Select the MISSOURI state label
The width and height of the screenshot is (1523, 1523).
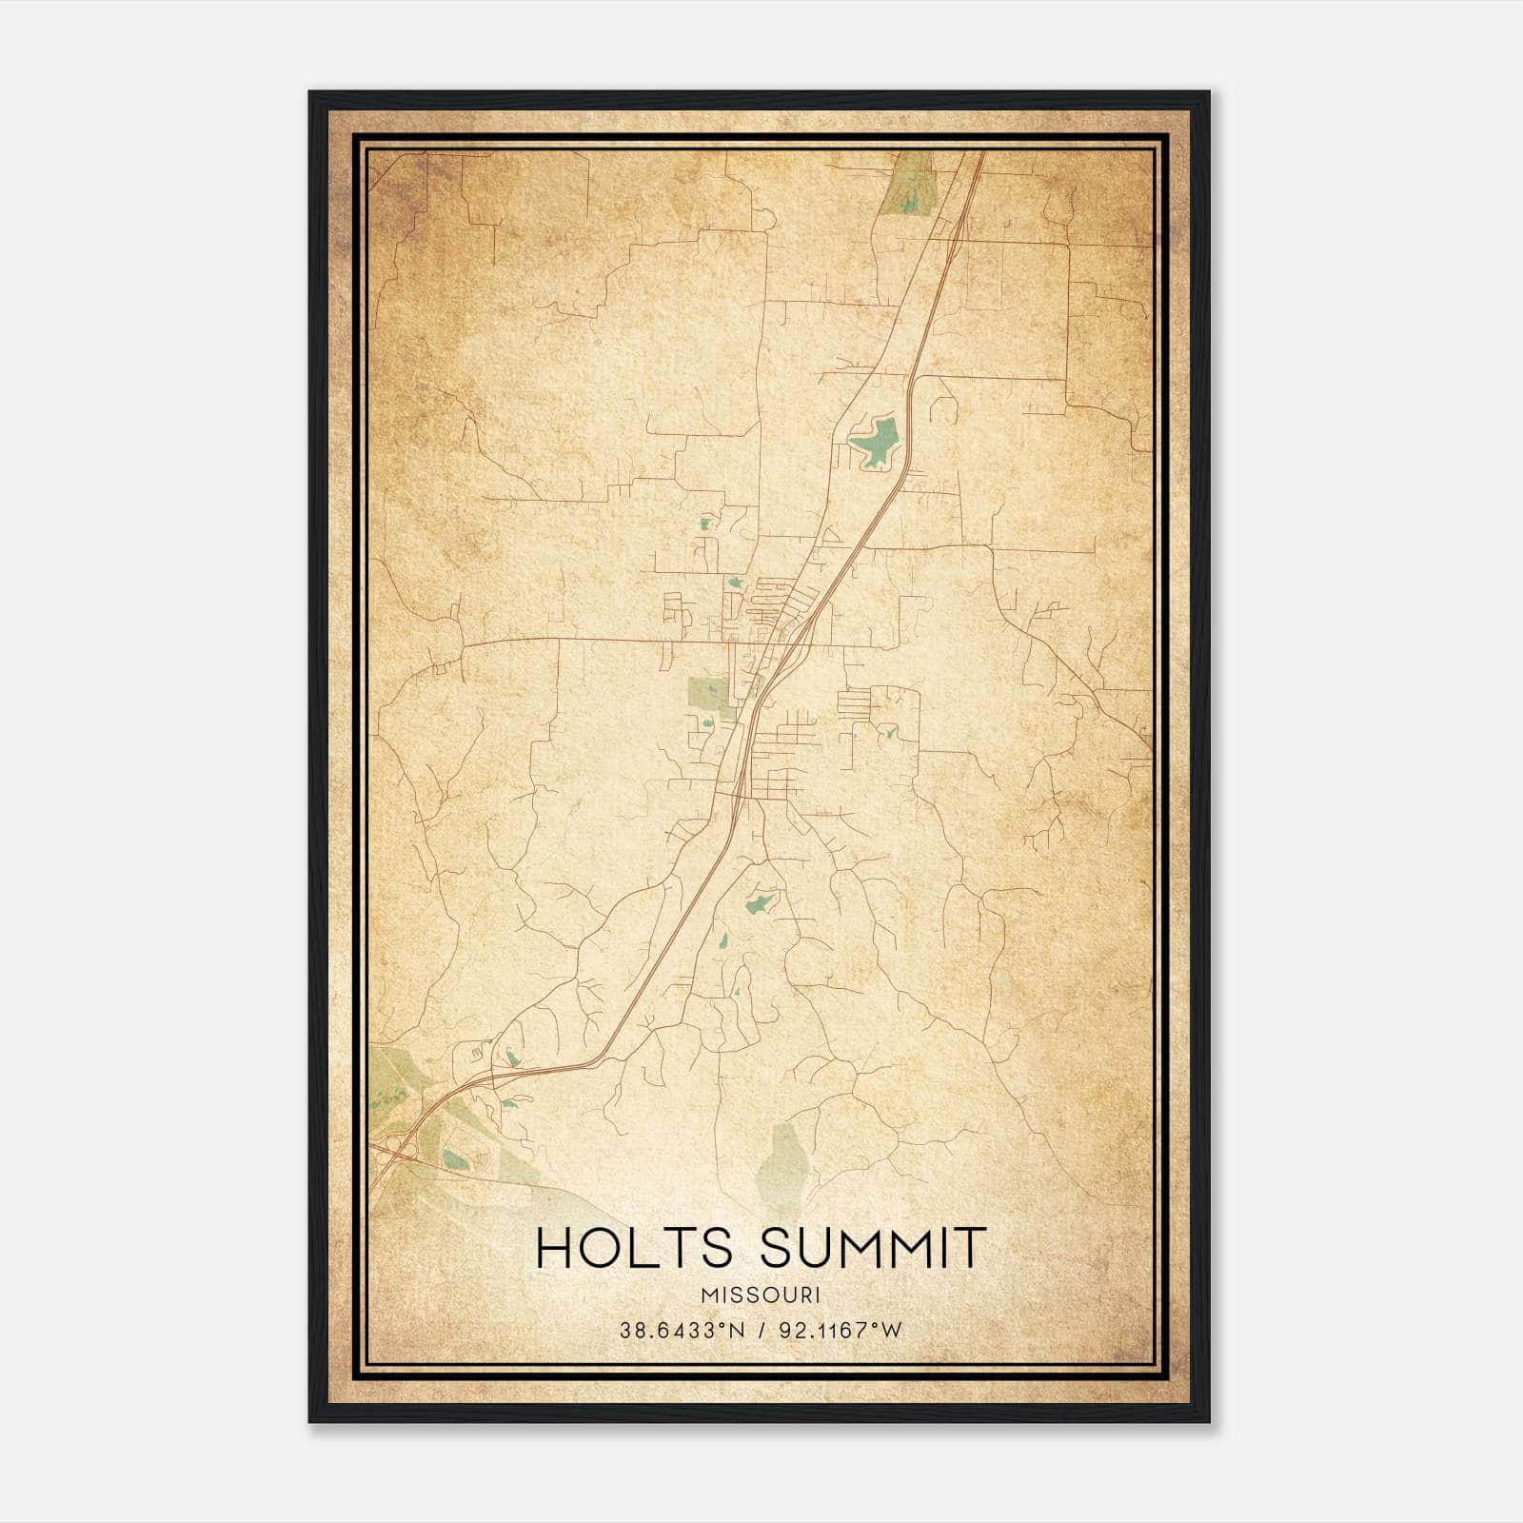[x=761, y=1295]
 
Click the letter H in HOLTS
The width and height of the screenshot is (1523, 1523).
[x=554, y=1248]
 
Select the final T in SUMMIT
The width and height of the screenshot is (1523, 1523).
[x=970, y=1248]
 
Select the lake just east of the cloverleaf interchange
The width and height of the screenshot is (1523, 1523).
[x=455, y=1159]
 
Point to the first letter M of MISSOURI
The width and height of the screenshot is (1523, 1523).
[x=706, y=1295]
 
